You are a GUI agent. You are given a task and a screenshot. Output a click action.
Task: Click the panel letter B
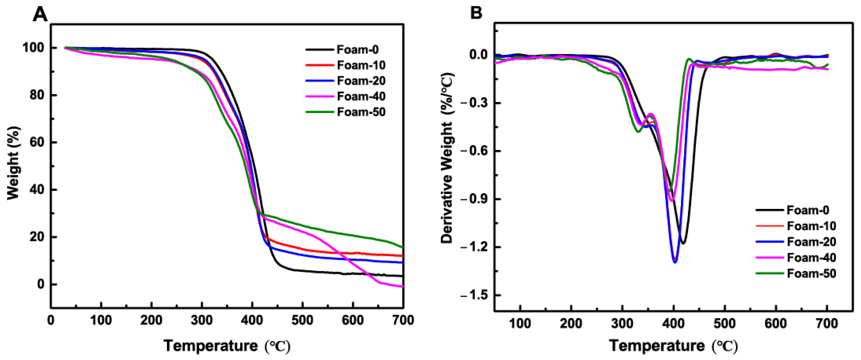[476, 13]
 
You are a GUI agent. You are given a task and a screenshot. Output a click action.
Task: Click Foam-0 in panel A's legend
[357, 50]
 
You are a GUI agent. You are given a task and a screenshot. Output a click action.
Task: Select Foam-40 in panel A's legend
[361, 96]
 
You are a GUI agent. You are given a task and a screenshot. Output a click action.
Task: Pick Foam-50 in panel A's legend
[361, 112]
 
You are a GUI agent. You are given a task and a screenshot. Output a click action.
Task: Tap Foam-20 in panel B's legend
[812, 242]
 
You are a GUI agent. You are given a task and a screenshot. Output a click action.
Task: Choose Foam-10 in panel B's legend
[812, 226]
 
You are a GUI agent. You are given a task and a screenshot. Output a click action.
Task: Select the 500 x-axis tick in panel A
[302, 320]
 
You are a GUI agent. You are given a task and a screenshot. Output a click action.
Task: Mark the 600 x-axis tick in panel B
[776, 323]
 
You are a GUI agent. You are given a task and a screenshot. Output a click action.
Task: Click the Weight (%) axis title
[13, 163]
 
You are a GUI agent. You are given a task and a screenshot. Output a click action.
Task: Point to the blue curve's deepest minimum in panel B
[675, 262]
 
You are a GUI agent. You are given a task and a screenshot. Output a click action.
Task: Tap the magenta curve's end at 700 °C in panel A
[403, 286]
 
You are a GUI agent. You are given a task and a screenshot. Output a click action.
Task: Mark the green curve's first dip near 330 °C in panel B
[638, 131]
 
